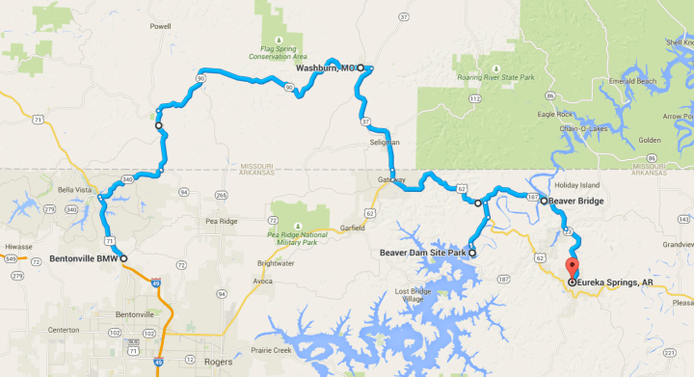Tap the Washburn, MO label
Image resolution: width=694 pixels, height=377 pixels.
click(x=323, y=67)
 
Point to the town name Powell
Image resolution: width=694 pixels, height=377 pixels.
click(x=160, y=27)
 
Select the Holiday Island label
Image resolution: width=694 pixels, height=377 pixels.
click(x=576, y=184)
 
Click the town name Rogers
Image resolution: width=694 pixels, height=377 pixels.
click(x=220, y=362)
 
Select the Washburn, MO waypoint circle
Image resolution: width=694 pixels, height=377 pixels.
click(x=360, y=68)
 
